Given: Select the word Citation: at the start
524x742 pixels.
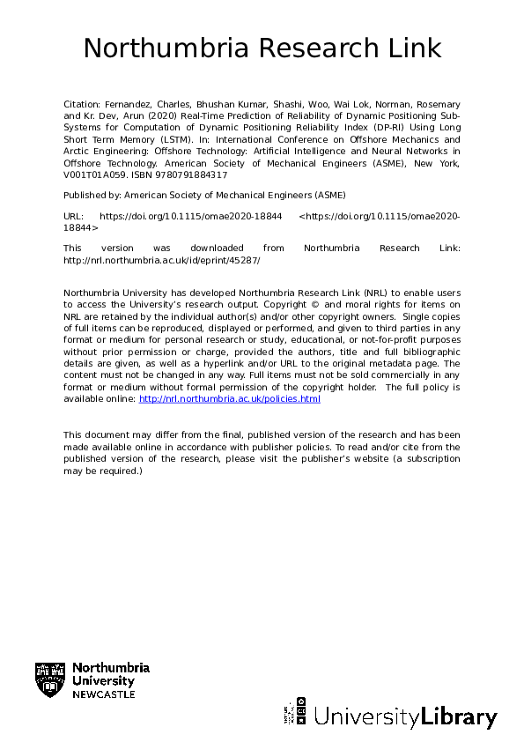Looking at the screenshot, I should (83, 104).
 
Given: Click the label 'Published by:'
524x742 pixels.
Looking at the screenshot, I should (92, 194).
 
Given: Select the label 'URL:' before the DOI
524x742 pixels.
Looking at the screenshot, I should (74, 215).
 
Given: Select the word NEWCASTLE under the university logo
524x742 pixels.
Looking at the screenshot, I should (104, 694).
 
